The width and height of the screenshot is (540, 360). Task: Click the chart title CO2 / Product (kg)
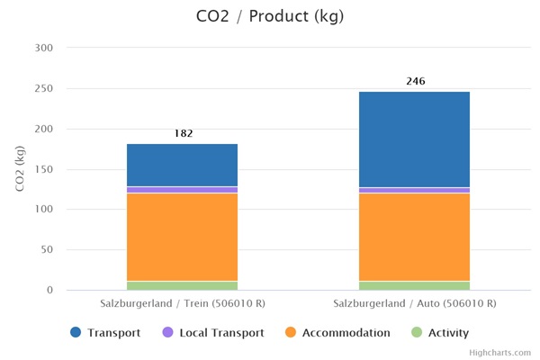point(270,16)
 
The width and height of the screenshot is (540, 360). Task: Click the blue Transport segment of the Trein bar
point(182,165)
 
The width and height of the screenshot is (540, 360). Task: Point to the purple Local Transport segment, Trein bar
point(182,190)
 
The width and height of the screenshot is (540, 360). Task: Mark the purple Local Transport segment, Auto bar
point(414,190)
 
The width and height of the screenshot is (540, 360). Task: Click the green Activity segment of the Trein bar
point(182,285)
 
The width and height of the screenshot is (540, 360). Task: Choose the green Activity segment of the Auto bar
point(414,285)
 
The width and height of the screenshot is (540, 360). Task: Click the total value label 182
point(183,133)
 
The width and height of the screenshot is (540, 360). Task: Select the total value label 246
point(415,81)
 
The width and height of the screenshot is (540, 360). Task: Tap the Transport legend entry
point(106,333)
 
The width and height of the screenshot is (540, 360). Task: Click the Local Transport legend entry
point(212,333)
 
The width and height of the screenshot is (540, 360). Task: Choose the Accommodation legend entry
point(337,333)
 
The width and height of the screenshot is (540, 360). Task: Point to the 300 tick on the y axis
point(43,48)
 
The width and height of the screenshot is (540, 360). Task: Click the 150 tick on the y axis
point(43,169)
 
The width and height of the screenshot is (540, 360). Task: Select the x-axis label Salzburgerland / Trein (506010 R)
point(183,304)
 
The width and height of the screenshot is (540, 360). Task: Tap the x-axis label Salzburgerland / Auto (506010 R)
point(414,304)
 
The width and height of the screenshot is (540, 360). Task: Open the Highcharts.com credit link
point(499,354)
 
